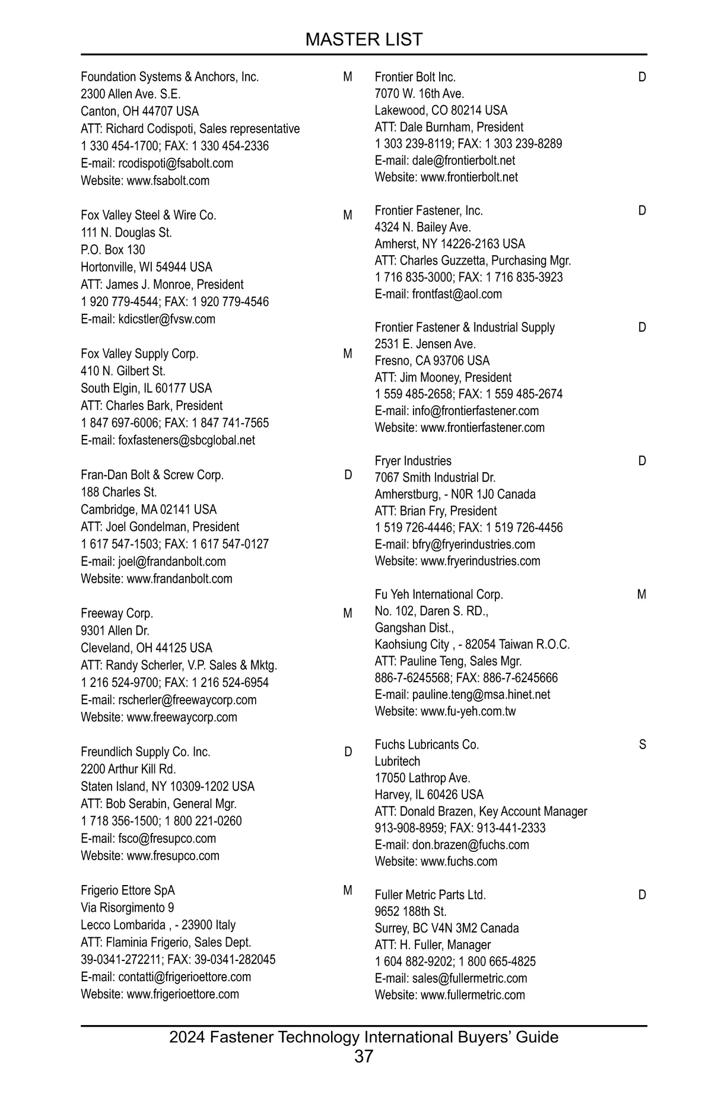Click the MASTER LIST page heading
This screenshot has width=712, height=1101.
tap(364, 39)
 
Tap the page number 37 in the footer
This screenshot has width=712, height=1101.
tap(364, 1056)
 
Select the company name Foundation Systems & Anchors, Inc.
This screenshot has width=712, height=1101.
tap(170, 77)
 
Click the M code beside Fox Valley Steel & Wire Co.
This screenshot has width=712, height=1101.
tap(348, 215)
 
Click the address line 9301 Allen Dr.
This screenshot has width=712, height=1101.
tap(115, 631)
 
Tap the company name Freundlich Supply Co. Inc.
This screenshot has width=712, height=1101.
tap(145, 752)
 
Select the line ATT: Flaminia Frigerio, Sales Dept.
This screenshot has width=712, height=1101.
tap(166, 942)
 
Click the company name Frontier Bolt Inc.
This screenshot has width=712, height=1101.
tap(415, 77)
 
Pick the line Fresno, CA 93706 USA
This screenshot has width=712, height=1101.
tap(432, 361)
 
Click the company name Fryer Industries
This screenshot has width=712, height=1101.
tap(413, 461)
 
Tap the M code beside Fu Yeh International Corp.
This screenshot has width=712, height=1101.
tap(641, 594)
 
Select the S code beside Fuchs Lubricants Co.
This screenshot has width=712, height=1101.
tap(643, 744)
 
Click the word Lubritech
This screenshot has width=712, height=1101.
tap(397, 761)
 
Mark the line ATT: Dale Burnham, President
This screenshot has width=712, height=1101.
tap(449, 127)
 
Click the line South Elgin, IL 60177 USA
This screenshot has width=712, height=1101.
tap(146, 389)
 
